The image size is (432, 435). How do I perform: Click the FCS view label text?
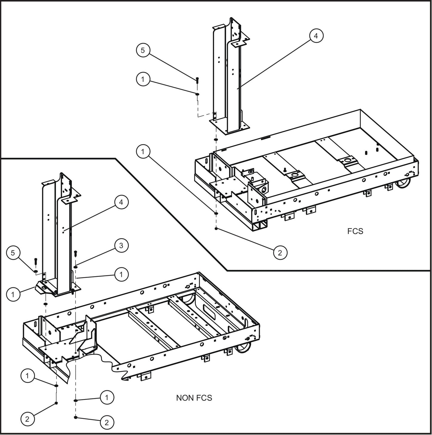(355, 231)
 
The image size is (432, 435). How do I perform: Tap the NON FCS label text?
(194, 398)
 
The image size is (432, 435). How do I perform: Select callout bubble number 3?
(121, 245)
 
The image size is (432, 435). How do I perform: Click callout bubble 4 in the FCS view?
(316, 36)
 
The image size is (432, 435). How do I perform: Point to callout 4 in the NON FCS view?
(121, 202)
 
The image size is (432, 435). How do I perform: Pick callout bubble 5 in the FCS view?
(143, 50)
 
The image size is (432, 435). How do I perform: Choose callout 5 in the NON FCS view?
(13, 253)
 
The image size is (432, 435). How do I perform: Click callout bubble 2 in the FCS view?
(280, 253)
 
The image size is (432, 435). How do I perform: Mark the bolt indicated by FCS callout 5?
(197, 80)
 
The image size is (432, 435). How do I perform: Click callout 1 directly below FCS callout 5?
(143, 79)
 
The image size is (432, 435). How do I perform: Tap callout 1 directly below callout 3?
(121, 274)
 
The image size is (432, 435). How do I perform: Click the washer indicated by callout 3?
(76, 266)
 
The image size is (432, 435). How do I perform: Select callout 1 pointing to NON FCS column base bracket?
(13, 294)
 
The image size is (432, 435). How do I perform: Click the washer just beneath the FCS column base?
(216, 140)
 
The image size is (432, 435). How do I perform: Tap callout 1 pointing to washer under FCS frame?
(143, 152)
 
